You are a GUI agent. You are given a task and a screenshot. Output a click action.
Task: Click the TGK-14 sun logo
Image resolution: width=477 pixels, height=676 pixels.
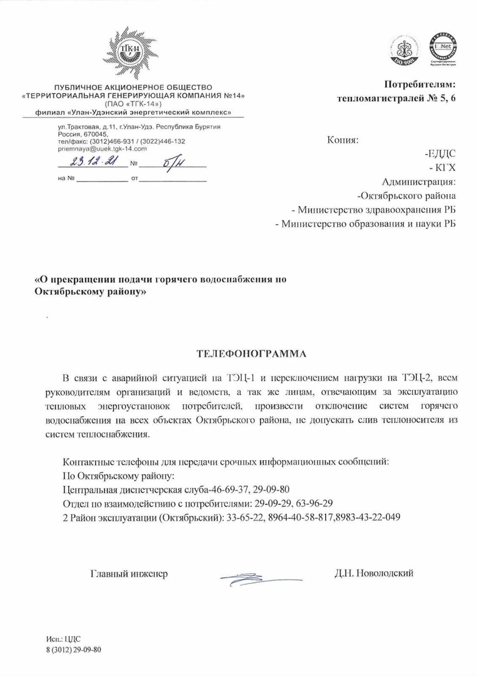click(x=133, y=52)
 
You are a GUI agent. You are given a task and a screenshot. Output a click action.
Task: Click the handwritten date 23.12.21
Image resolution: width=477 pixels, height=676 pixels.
click(x=89, y=163)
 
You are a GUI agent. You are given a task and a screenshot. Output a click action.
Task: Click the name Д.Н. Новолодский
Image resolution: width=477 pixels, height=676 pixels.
click(x=374, y=573)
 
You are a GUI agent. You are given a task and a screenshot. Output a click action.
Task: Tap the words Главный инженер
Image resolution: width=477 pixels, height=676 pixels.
click(x=129, y=573)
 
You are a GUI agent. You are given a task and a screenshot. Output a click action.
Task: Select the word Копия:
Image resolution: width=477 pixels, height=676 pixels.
click(x=343, y=140)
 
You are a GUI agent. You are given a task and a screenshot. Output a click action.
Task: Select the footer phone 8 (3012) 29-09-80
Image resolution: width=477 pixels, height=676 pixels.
click(x=73, y=649)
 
